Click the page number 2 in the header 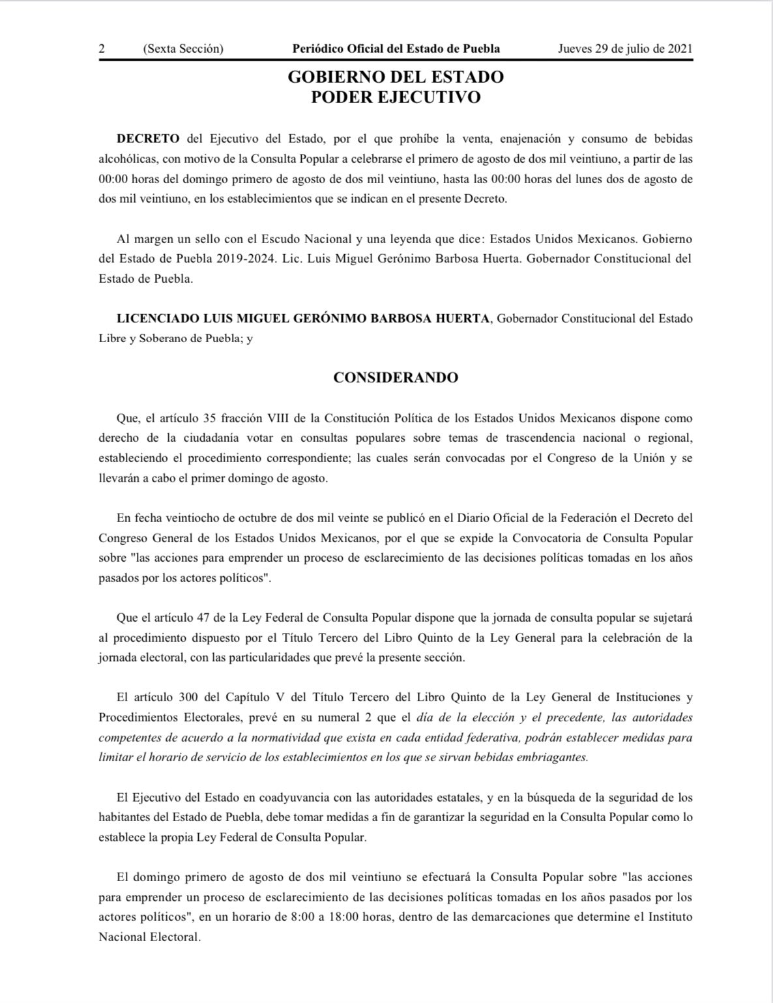tap(102, 49)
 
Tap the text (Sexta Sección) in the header tap(182, 49)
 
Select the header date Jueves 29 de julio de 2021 tap(625, 49)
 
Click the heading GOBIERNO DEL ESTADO tap(396, 77)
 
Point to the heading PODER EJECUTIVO tap(396, 97)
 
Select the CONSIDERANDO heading tap(396, 377)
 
